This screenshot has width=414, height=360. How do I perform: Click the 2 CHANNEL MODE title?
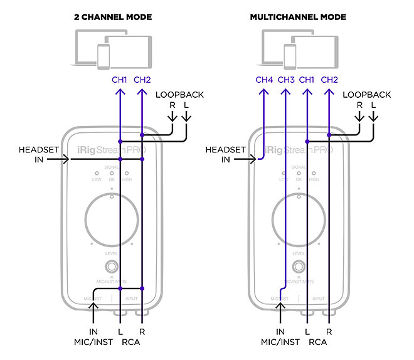click(113, 17)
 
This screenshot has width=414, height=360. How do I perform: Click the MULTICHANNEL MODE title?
click(298, 17)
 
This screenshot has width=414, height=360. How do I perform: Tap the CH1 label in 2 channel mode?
click(119, 80)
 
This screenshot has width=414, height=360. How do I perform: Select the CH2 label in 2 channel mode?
click(142, 80)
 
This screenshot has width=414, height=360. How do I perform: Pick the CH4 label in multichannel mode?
click(264, 80)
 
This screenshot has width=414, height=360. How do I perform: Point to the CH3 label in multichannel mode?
click(285, 80)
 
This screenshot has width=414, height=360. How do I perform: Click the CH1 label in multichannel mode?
click(307, 80)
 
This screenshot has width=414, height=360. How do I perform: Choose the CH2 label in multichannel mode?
click(329, 80)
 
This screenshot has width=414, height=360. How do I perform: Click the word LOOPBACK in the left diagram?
click(180, 95)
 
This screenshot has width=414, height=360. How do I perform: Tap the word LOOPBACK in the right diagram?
click(367, 95)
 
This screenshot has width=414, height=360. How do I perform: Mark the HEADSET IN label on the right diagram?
click(225, 155)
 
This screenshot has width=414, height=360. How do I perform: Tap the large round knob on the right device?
click(299, 218)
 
